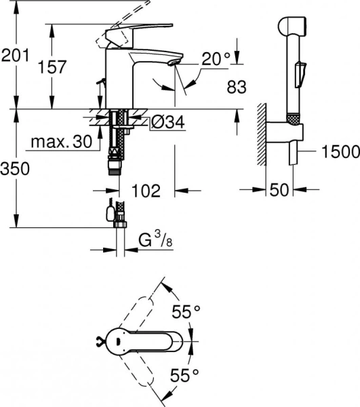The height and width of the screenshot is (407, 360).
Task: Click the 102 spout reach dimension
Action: coord(146,191)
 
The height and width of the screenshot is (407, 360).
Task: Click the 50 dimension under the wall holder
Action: coord(278,191)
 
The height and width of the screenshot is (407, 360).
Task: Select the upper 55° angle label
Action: coord(187,313)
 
